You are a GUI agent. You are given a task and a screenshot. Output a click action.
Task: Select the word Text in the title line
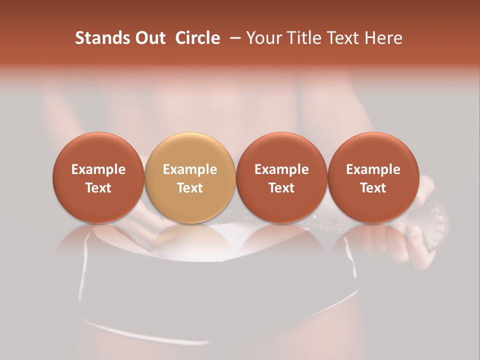point(344,38)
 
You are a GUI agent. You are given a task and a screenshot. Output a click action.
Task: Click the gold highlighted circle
point(190,177)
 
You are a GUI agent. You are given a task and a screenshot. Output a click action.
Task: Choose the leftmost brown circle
point(98,177)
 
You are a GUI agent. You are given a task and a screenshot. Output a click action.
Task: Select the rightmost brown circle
point(373,177)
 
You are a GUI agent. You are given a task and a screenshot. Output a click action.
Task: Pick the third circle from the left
point(281,177)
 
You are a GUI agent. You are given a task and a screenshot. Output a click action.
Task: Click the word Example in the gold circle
point(190,169)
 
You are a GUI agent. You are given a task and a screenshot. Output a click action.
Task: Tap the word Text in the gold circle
point(190,187)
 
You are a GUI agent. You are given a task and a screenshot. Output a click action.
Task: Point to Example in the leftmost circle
point(98,169)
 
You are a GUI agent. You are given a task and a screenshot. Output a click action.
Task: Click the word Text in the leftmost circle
point(98,187)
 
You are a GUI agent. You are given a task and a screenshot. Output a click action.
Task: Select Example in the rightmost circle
point(373,169)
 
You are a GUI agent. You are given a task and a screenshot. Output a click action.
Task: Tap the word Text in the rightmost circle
point(373,187)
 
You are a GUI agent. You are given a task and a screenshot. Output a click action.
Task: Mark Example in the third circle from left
point(281,169)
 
